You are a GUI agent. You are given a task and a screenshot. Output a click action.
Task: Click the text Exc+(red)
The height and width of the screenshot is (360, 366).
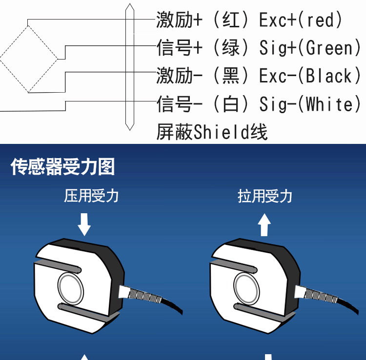pos(301,20)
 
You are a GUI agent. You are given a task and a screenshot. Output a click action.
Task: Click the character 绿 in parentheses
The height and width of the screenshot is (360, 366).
pos(231,48)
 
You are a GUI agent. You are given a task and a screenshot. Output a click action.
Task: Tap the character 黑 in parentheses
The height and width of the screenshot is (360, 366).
pos(231,76)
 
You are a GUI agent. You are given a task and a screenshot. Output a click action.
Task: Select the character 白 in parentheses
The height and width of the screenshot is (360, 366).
pos(231,104)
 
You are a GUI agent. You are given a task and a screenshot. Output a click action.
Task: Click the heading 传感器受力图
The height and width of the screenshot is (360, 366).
pos(63,167)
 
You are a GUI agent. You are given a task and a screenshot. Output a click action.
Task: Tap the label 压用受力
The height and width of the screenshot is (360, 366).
pos(91,196)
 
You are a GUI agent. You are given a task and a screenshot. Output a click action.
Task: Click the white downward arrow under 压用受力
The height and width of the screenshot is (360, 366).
pos(84,224)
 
